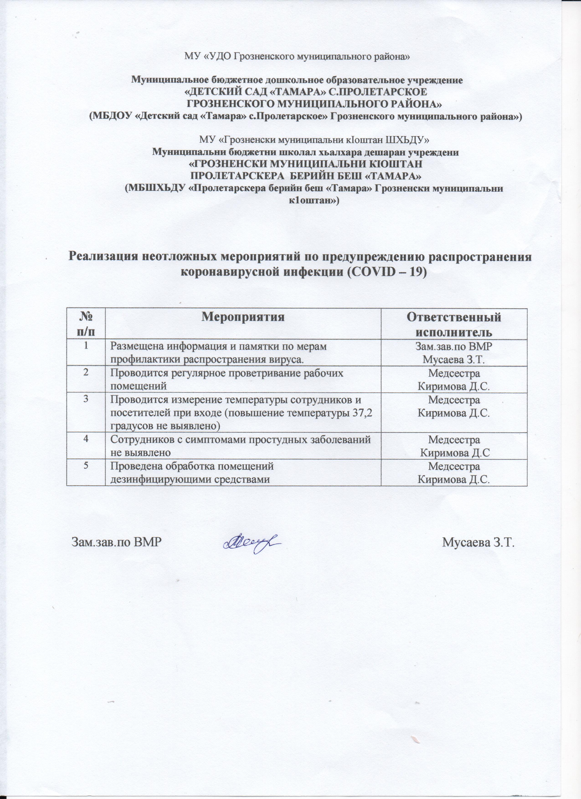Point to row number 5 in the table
pyautogui.click(x=86, y=466)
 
